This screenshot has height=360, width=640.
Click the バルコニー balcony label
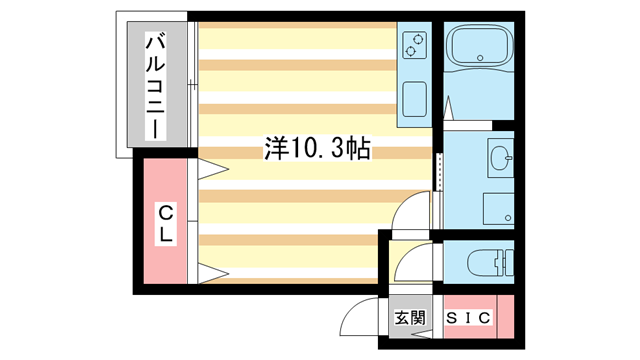[156, 87]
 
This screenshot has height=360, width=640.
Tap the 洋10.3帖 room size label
[317, 148]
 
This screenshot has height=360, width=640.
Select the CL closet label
[165, 224]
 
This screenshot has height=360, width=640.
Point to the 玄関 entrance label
[409, 318]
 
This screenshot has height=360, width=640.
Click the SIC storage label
[468, 318]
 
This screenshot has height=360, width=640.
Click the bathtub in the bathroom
[479, 45]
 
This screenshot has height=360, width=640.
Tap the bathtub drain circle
[480, 58]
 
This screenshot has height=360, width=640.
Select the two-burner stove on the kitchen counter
[414, 45]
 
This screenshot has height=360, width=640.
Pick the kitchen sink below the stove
[414, 99]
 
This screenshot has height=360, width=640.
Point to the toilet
[490, 262]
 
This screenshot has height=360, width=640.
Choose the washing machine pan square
[498, 209]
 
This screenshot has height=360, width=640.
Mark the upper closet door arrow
[212, 169]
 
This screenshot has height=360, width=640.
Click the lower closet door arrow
[212, 273]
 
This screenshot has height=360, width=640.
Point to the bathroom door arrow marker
[448, 108]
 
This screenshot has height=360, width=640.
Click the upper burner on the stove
[418, 40]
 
